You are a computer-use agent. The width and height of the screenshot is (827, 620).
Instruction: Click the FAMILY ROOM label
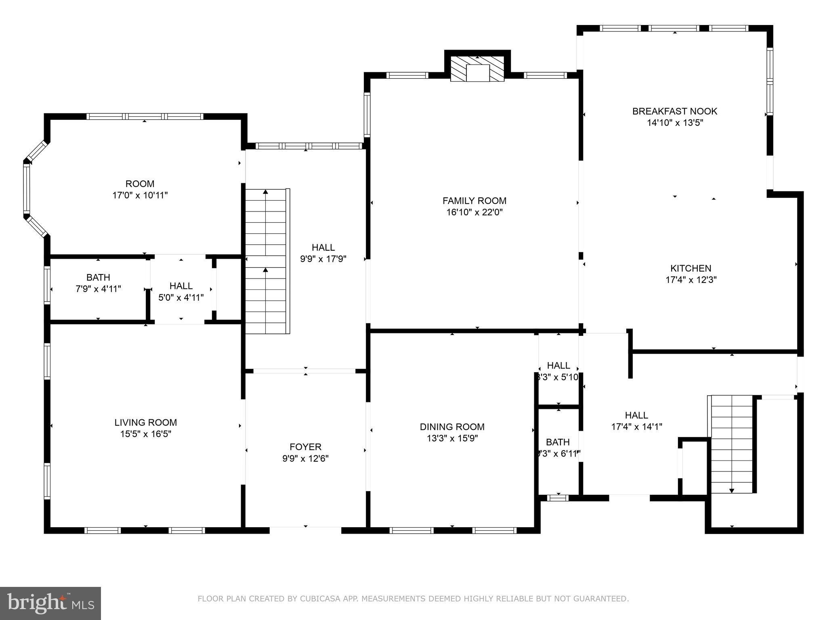[474, 201]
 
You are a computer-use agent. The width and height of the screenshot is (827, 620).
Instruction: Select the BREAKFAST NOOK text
[674, 111]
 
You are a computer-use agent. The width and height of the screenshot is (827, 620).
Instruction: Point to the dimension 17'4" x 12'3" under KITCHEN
[691, 280]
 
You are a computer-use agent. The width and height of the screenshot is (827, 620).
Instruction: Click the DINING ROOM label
[452, 427]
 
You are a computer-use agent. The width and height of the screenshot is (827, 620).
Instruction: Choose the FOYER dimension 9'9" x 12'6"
[305, 459]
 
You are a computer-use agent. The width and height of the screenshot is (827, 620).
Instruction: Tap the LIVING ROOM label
[145, 423]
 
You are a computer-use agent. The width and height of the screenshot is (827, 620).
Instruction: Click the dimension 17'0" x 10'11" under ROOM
[140, 195]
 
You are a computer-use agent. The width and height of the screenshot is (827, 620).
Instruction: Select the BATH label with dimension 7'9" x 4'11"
[98, 277]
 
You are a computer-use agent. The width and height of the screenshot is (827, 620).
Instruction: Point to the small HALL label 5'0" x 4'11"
[181, 286]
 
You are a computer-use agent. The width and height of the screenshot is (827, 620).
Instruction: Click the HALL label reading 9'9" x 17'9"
[323, 247]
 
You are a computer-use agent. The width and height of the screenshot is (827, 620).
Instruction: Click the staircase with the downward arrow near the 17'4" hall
[732, 444]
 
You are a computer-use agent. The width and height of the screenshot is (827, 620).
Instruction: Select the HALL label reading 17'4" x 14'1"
[636, 415]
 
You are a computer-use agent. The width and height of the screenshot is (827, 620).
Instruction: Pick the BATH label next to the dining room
[558, 442]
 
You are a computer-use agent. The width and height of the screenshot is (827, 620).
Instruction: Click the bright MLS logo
[50, 603]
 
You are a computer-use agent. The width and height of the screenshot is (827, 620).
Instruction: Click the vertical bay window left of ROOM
[27, 189]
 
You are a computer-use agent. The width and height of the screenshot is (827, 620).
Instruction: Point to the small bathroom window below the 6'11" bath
[558, 498]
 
